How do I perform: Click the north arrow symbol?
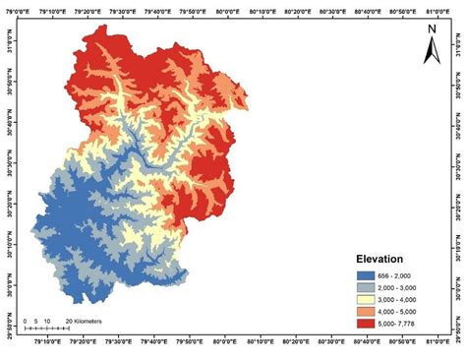coord(430,50)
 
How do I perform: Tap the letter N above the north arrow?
coord(431,30)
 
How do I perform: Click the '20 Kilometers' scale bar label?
coord(86,321)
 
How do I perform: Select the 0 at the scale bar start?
coord(24,321)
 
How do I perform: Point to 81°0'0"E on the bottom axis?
coord(439,343)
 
